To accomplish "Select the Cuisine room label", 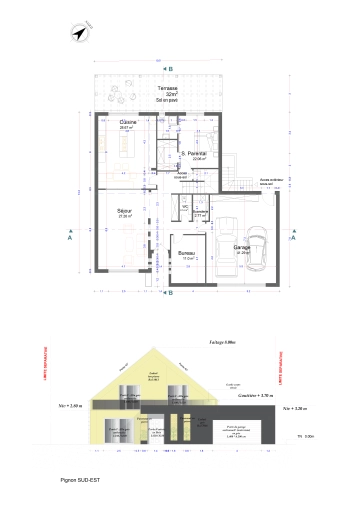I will tap(127, 123).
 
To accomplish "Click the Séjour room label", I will tap(126, 212).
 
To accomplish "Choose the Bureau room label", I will tap(186, 253).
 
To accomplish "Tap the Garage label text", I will tap(241, 247).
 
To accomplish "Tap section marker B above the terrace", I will tap(170, 68).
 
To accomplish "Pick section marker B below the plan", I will tap(170, 293).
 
